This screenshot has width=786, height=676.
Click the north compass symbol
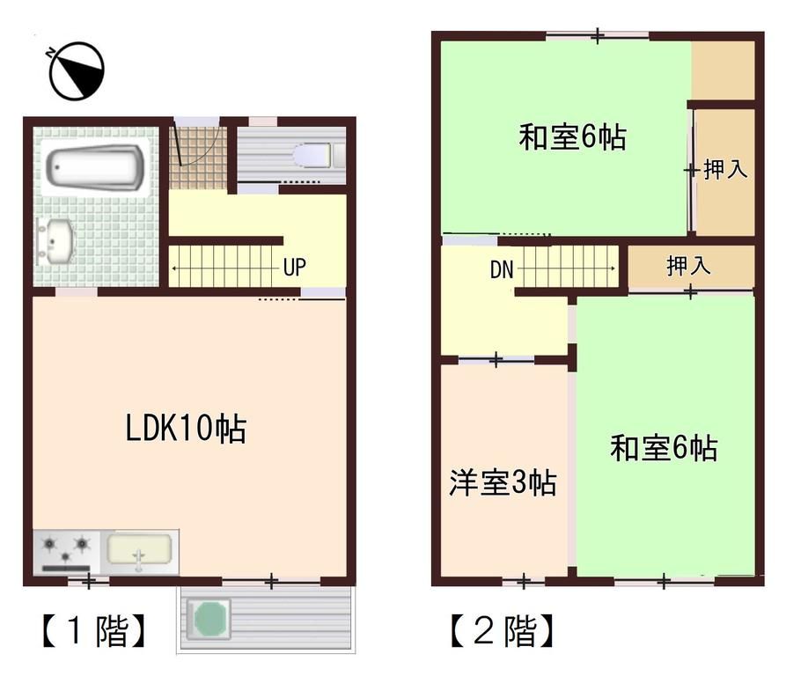tap(77, 71)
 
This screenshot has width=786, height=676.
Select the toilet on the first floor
tap(312, 156)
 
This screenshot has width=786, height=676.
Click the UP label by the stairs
tap(295, 267)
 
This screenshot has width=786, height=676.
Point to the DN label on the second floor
tap(502, 270)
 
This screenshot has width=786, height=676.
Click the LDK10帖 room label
tap(185, 429)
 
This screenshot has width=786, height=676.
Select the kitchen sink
tap(139, 551)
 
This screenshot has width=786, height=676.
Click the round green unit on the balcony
tap(210, 618)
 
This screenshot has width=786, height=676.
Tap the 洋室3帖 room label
tap(503, 482)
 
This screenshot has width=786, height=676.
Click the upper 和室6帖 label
tap(572, 138)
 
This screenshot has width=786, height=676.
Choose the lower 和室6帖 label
tap(664, 448)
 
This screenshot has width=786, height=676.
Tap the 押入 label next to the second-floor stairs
tap(689, 266)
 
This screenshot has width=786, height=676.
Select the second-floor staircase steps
tap(569, 266)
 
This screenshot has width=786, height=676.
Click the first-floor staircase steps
tap(224, 267)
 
